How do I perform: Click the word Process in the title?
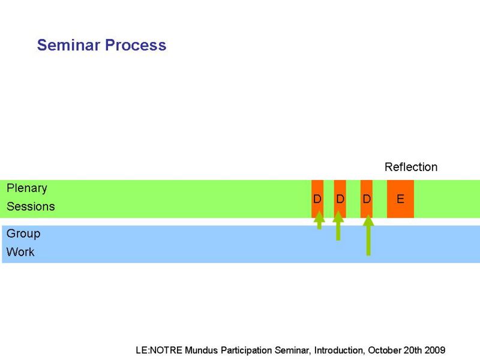136,45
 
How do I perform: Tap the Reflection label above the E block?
411,167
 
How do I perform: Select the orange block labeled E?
400,199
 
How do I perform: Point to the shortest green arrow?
319,220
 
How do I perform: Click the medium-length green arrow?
338,226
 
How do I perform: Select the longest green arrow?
368,235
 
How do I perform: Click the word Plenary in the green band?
27,188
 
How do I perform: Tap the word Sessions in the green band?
31,206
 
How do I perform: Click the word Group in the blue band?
23,234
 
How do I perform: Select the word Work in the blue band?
20,252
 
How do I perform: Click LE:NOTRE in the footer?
159,350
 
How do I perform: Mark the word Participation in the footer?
246,350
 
